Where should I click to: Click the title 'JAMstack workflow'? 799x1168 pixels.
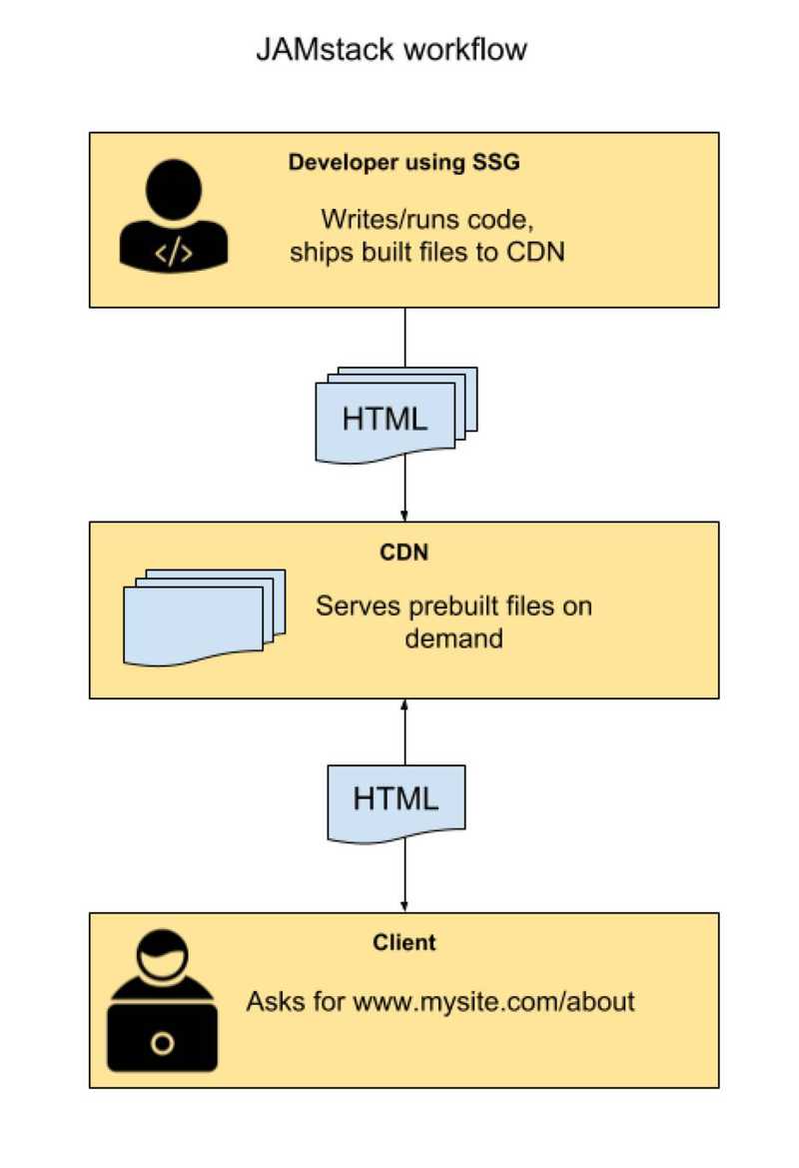point(392,49)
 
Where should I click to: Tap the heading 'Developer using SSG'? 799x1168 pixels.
point(403,163)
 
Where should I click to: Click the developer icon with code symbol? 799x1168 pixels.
point(173,217)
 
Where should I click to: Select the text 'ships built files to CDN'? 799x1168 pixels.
point(427,252)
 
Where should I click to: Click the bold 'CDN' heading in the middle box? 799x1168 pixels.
point(403,553)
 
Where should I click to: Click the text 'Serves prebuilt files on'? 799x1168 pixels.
point(453,606)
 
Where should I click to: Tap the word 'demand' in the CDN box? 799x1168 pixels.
point(453,637)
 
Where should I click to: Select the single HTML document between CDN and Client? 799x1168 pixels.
point(396,800)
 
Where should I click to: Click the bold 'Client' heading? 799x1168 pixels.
point(403,942)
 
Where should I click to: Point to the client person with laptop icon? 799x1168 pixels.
point(162,1002)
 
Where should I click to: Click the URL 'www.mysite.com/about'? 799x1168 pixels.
point(493,1001)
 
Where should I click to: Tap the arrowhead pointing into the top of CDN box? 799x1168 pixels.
point(404,515)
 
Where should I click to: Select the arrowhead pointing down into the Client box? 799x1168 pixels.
point(404,905)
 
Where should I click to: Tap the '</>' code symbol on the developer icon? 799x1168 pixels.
point(173,253)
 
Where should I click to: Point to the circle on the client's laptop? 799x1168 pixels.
point(162,1044)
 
